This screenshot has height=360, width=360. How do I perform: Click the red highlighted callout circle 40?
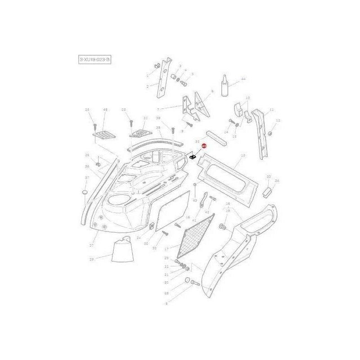203,147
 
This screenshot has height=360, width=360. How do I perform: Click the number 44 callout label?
243,79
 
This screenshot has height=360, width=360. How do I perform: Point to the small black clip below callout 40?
192,158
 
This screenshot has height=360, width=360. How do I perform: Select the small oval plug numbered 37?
84,192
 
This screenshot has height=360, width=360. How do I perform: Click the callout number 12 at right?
278,120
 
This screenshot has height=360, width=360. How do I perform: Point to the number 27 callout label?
91,246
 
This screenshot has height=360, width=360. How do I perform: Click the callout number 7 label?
158,108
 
